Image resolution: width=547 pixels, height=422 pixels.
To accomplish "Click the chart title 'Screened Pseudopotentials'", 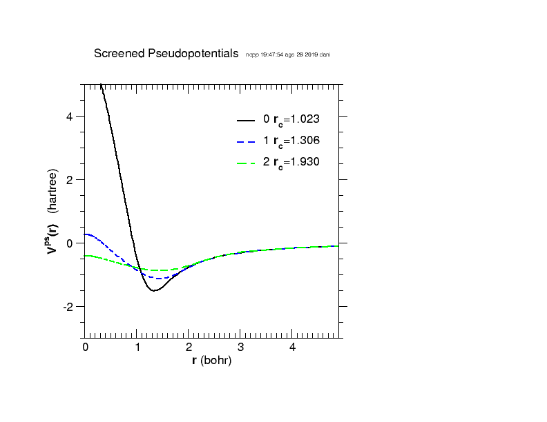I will pyautogui.click(x=166, y=54).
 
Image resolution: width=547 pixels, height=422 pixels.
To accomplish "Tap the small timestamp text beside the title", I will pyautogui.click(x=287, y=54).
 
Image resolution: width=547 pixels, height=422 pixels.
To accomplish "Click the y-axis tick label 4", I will pyautogui.click(x=70, y=116).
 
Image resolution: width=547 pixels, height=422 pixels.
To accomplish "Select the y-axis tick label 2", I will pyautogui.click(x=70, y=179).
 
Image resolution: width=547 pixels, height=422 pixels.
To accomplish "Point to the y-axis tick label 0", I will pyautogui.click(x=70, y=243).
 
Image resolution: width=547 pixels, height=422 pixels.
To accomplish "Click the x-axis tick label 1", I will pyautogui.click(x=137, y=348).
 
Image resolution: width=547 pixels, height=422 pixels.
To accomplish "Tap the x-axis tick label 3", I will pyautogui.click(x=241, y=348).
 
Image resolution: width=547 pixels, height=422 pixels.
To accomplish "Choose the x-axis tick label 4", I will pyautogui.click(x=293, y=348).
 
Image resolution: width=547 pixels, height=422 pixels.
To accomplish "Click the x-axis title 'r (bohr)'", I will pyautogui.click(x=211, y=361).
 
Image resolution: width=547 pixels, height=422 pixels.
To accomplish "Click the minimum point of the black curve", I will pyautogui.click(x=154, y=290).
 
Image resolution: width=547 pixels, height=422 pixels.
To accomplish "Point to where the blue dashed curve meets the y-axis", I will pyautogui.click(x=85, y=234).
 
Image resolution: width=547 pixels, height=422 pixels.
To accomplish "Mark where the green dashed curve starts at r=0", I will pyautogui.click(x=85, y=255).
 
